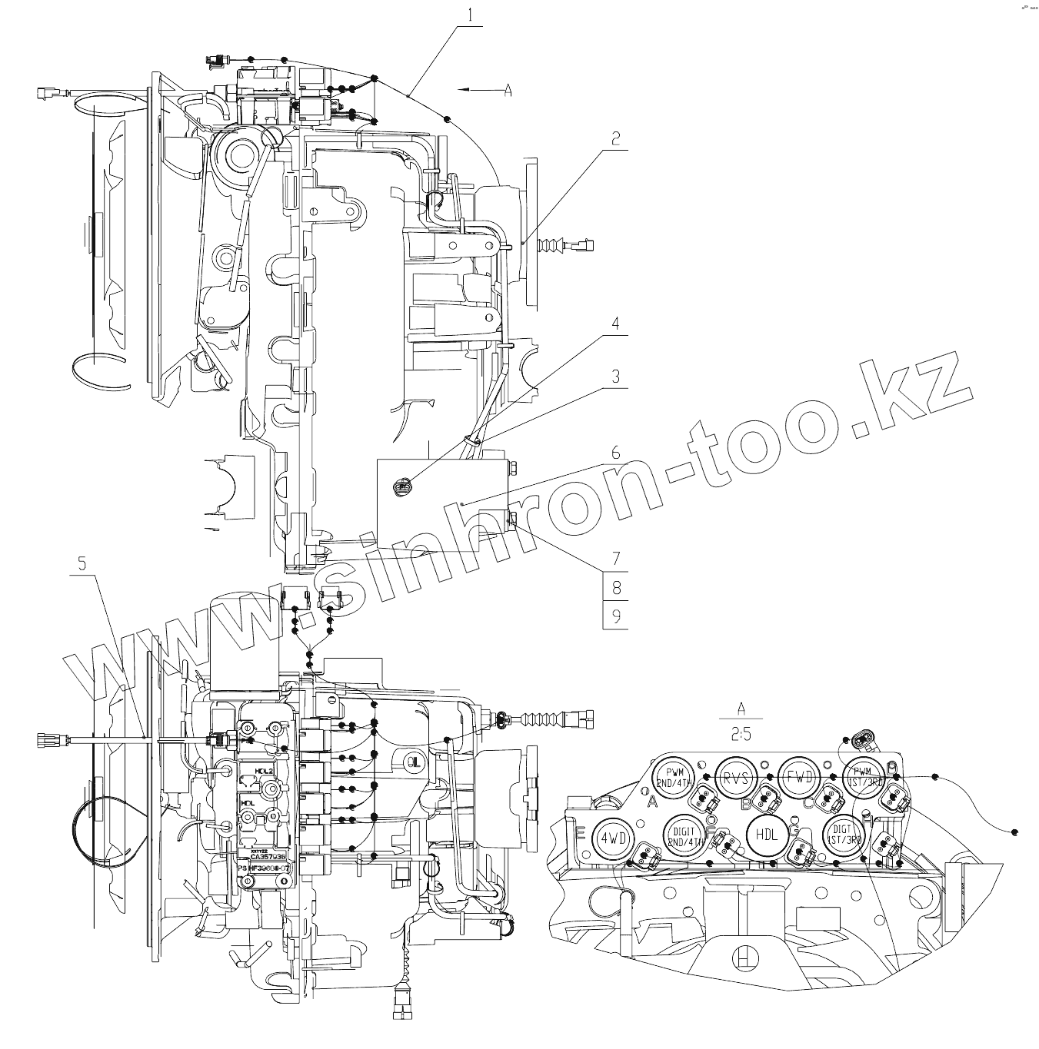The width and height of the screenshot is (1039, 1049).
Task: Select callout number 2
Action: click(x=615, y=139)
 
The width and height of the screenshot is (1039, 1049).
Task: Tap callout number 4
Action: click(x=615, y=324)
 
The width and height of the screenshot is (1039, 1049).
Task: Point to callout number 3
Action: click(x=615, y=377)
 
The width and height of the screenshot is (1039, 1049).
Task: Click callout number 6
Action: click(x=615, y=453)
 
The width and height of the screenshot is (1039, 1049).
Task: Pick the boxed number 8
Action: click(x=615, y=589)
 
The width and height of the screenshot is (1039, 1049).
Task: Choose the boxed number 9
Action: click(x=615, y=616)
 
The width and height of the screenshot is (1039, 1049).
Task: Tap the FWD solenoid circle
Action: click(x=799, y=777)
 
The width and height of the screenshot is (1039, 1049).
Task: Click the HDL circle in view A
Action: click(x=767, y=835)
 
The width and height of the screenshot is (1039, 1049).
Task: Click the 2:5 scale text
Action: click(x=741, y=735)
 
